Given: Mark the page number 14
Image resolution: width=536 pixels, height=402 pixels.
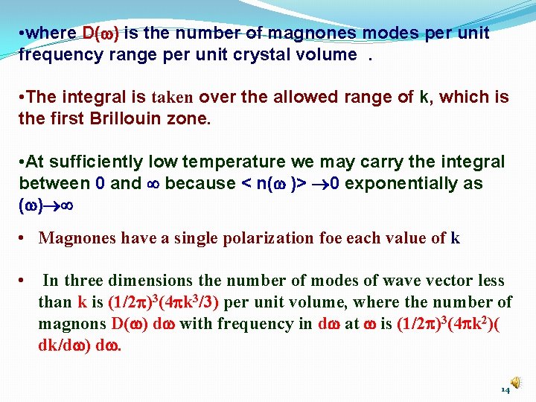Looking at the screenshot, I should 505,389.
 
